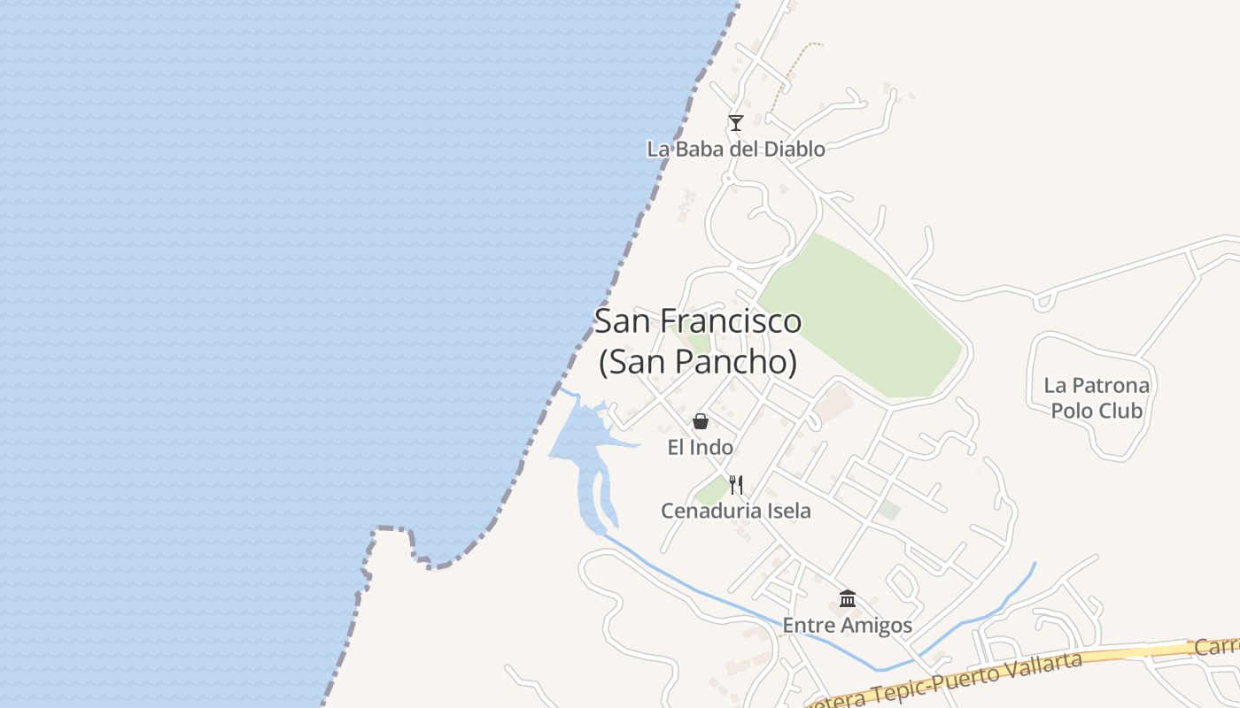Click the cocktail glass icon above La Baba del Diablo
[735, 123]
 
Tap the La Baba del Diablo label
[735, 149]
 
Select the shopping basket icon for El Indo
[701, 421]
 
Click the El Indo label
[700, 448]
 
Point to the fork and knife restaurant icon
[735, 484]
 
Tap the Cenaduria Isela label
[735, 511]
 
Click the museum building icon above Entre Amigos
[847, 599]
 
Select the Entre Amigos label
[847, 626]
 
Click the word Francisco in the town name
[731, 320]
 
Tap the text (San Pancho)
[698, 362]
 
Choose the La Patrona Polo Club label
[1097, 398]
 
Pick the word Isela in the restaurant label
[787, 511]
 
